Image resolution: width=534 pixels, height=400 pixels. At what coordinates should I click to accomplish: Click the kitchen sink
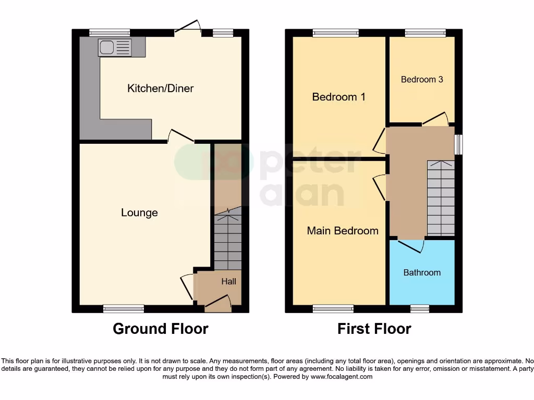(114, 48)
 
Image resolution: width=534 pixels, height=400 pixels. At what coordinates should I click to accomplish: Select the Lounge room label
(139, 213)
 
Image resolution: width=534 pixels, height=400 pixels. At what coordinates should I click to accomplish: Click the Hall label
(228, 281)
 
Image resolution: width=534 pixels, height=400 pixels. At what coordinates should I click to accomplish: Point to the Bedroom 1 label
(338, 97)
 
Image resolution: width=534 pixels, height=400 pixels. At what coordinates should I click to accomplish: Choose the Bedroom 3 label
(422, 80)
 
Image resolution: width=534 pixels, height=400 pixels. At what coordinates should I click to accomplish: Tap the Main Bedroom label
(343, 231)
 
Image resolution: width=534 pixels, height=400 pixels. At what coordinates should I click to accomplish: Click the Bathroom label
(422, 272)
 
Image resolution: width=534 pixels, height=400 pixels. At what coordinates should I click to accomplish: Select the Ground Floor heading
(161, 329)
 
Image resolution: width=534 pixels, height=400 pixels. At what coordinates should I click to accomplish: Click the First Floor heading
(374, 329)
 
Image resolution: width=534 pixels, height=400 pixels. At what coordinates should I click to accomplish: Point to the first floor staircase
(441, 198)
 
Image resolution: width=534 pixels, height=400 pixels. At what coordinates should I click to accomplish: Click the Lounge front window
(124, 309)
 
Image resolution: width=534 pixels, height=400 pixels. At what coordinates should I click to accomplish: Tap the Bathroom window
(419, 309)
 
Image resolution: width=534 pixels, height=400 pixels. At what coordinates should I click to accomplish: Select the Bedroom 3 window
(426, 33)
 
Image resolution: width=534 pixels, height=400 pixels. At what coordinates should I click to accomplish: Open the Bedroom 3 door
(435, 119)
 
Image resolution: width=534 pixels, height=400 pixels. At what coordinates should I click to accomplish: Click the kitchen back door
(188, 30)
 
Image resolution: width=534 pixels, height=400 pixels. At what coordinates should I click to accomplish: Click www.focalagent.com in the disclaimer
(342, 377)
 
